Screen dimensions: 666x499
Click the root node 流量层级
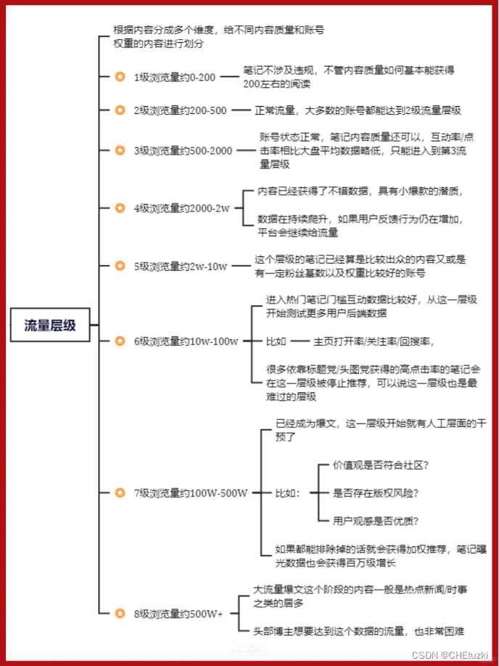pos(50,325)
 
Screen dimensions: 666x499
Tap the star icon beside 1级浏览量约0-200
pos(120,76)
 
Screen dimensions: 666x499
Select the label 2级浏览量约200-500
pos(180,110)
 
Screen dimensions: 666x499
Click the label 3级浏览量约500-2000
pos(183,150)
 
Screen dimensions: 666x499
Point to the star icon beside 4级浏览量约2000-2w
pos(120,208)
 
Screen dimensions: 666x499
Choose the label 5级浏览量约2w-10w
pos(180,266)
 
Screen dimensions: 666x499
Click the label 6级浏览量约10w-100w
pos(186,341)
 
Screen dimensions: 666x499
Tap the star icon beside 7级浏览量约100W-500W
pos(120,492)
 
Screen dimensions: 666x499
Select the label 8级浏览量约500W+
pos(178,614)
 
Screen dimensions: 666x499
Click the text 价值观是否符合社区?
pos(381,464)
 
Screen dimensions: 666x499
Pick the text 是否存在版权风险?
pos(376,492)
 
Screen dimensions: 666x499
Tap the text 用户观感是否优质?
pos(376,521)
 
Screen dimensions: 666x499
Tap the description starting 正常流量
pos(358,110)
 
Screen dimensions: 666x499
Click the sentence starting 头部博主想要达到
pos(358,631)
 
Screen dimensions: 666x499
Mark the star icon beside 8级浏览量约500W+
pos(120,614)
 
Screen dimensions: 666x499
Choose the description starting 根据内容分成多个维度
pos(218,36)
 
